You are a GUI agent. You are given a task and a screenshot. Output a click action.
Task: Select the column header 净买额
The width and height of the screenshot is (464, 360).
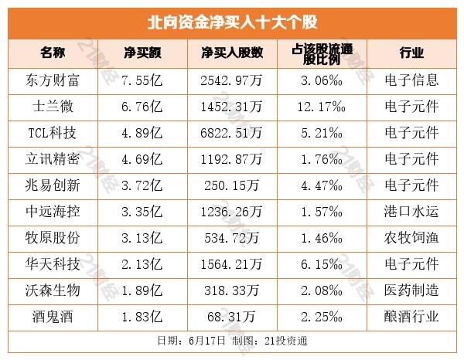point(142,53)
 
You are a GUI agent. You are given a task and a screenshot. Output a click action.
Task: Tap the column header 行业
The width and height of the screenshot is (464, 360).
point(411,53)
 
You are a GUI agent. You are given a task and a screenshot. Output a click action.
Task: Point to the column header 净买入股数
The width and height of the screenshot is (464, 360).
point(232,53)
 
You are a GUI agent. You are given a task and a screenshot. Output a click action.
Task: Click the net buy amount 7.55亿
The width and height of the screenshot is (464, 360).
point(142,80)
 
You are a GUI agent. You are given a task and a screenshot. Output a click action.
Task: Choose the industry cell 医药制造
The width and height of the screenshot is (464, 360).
point(411,290)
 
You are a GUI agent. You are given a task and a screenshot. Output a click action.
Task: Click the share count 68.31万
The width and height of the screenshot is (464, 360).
point(231,316)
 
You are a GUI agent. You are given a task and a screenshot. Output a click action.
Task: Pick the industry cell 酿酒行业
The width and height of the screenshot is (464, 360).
point(411,316)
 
